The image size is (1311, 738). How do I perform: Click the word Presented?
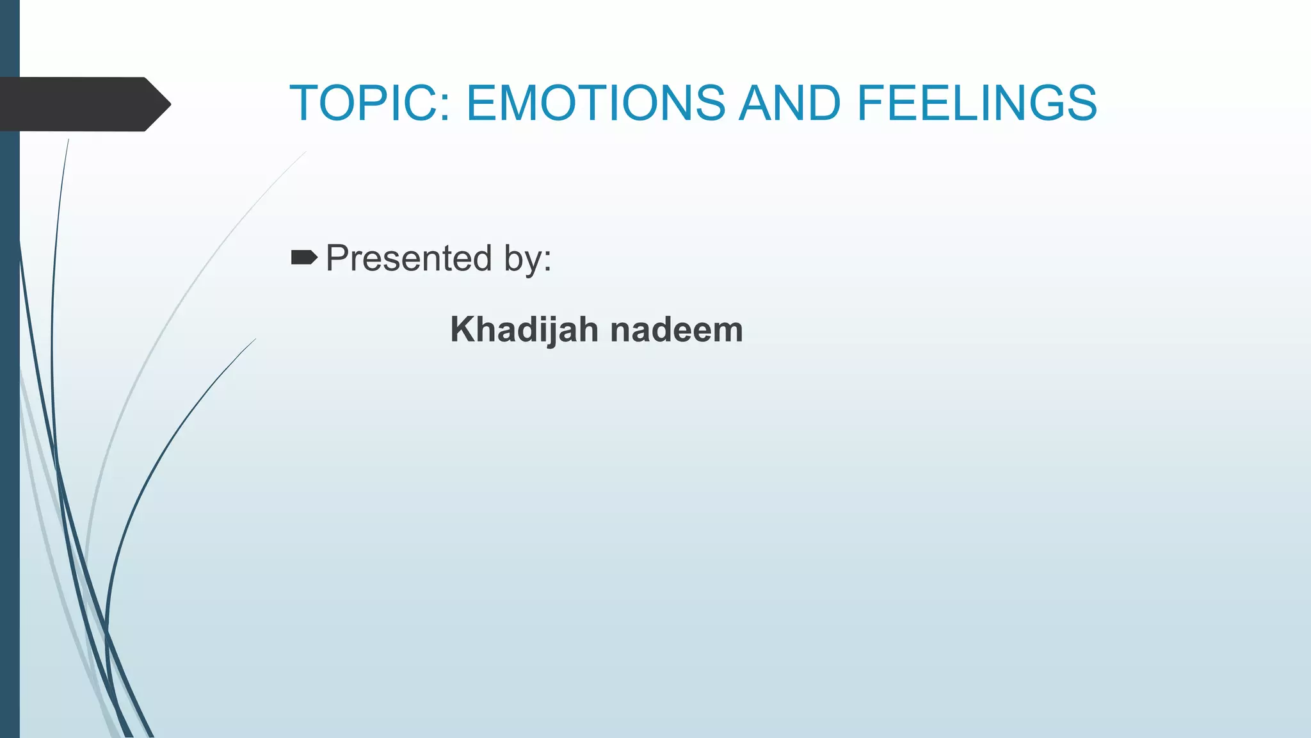409,258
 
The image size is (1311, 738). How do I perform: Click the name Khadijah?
524,330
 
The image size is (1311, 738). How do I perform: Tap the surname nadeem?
677,330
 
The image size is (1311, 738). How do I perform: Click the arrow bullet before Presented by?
304,258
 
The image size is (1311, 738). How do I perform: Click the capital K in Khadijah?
462,330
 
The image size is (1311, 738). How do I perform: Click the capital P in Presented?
337,258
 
